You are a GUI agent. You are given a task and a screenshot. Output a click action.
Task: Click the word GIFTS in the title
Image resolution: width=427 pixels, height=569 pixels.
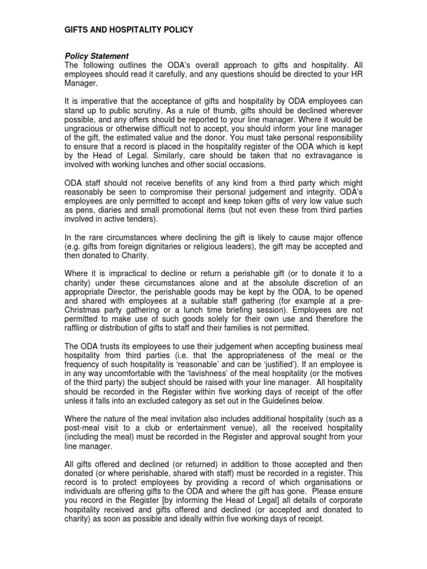(77, 30)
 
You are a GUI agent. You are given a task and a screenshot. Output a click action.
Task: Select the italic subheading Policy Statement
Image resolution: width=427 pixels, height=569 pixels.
(97, 56)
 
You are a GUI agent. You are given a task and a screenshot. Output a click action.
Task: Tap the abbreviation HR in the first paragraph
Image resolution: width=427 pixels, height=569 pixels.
(354, 74)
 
